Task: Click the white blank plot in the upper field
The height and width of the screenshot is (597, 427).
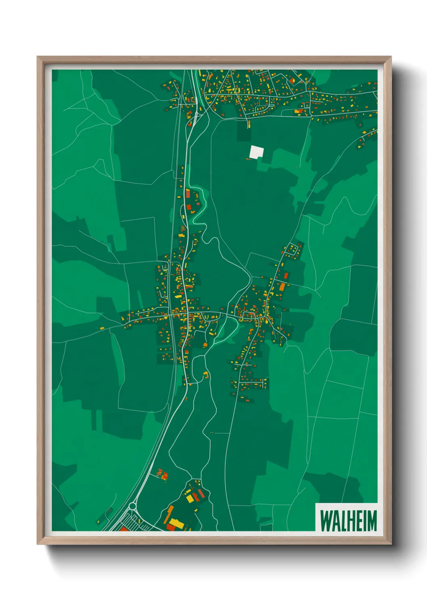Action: pos(256,152)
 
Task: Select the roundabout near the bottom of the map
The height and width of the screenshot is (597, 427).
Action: pos(132,506)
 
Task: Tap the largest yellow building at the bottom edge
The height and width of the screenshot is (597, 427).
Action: pos(176,524)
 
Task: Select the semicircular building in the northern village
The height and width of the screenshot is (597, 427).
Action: pos(292,81)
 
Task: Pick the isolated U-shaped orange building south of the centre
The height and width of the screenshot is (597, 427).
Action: pos(206,376)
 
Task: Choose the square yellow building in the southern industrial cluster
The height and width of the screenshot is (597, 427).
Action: pos(190,498)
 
